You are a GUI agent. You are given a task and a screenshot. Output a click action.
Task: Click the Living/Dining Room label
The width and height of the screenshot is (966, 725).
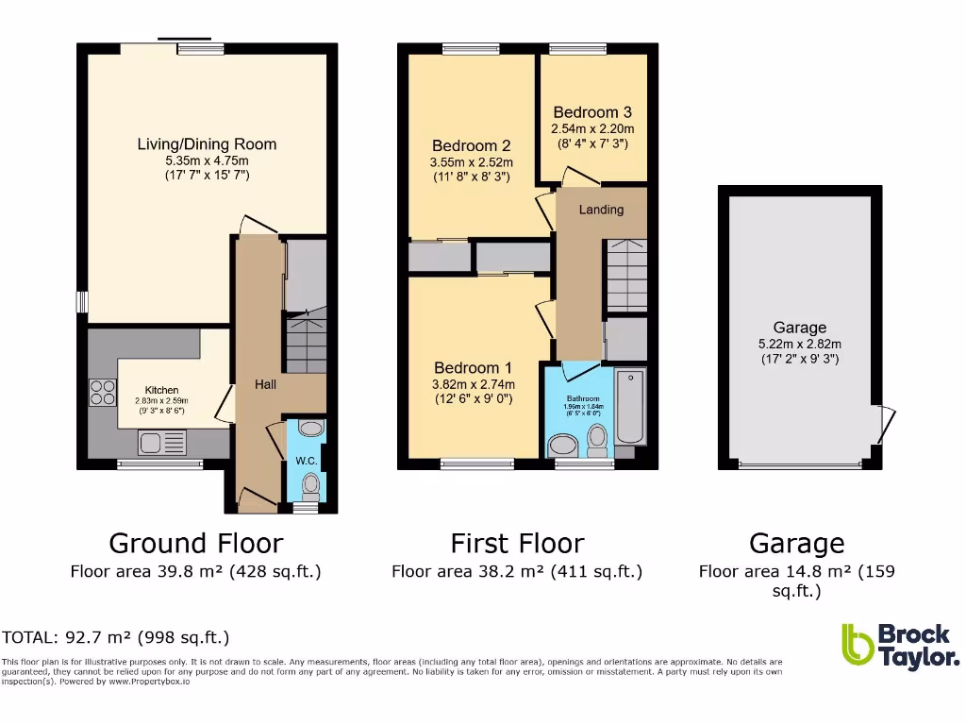click(x=207, y=144)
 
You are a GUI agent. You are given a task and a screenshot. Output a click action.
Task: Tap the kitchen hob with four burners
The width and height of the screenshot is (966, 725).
click(x=103, y=392)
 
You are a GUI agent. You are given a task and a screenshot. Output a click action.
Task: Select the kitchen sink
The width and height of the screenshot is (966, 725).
click(x=162, y=441)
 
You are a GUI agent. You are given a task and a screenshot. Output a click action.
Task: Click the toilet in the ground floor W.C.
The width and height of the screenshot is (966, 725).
click(x=310, y=486)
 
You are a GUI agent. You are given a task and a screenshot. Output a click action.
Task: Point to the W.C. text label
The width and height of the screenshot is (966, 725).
click(x=306, y=461)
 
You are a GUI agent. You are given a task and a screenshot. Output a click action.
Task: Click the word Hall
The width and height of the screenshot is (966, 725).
click(x=265, y=385)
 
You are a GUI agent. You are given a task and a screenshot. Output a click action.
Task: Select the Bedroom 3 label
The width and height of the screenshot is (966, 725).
click(x=592, y=112)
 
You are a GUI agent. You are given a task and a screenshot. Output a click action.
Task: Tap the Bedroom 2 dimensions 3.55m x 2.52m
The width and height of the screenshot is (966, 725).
click(x=472, y=161)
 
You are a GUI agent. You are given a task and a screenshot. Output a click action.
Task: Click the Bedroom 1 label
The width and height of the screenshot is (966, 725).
click(x=473, y=368)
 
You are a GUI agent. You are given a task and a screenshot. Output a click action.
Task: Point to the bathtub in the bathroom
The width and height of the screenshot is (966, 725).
click(x=629, y=408)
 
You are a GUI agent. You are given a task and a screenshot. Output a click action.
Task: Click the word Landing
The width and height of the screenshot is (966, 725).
click(x=601, y=210)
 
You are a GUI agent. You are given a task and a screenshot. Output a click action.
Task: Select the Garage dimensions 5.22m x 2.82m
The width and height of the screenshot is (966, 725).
click(x=800, y=344)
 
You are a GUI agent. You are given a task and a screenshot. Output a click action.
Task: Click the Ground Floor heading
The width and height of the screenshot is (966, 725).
click(x=195, y=544)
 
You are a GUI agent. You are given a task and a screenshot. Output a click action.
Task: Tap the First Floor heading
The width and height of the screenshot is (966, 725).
click(x=517, y=544)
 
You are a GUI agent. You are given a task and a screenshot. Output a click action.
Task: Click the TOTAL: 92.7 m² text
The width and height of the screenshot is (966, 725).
click(x=116, y=637)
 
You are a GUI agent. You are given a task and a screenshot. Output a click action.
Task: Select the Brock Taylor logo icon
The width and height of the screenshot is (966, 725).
click(x=857, y=646)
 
